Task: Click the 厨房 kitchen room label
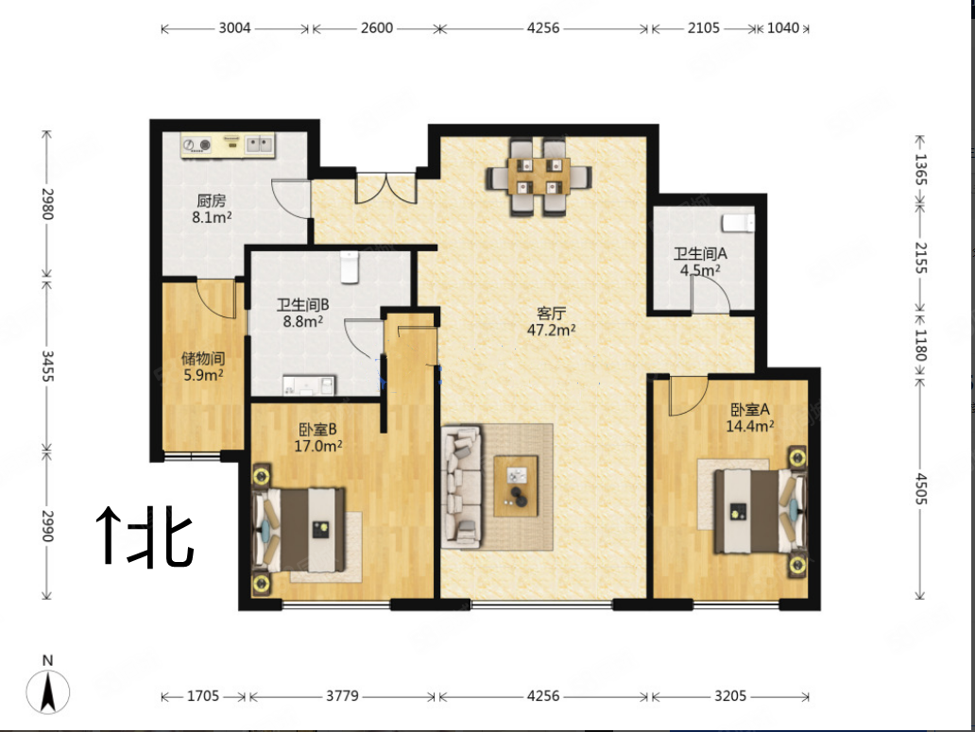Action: coord(212,209)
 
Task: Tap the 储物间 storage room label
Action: coord(202,366)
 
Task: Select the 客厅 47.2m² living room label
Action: coord(552,322)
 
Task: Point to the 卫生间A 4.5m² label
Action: coord(700,262)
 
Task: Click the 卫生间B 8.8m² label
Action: coord(301,313)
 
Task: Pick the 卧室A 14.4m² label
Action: coord(751,417)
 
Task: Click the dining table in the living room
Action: coord(539,177)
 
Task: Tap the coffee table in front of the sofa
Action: coord(516,486)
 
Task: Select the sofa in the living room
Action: coord(462,485)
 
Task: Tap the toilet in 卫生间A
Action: coord(738,223)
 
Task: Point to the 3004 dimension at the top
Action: coord(234,28)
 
